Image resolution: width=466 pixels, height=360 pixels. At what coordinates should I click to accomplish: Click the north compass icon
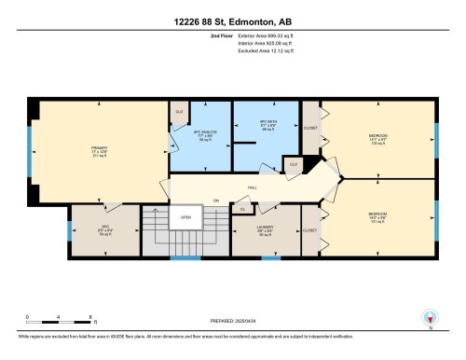(x=429, y=317)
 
